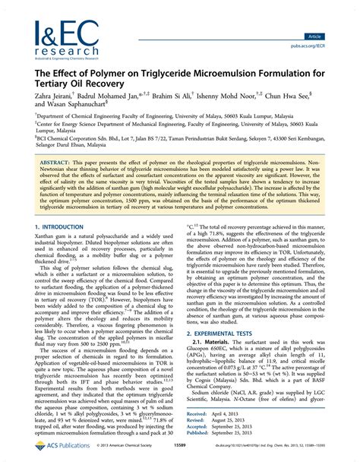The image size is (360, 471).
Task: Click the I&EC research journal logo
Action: point(61,39)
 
